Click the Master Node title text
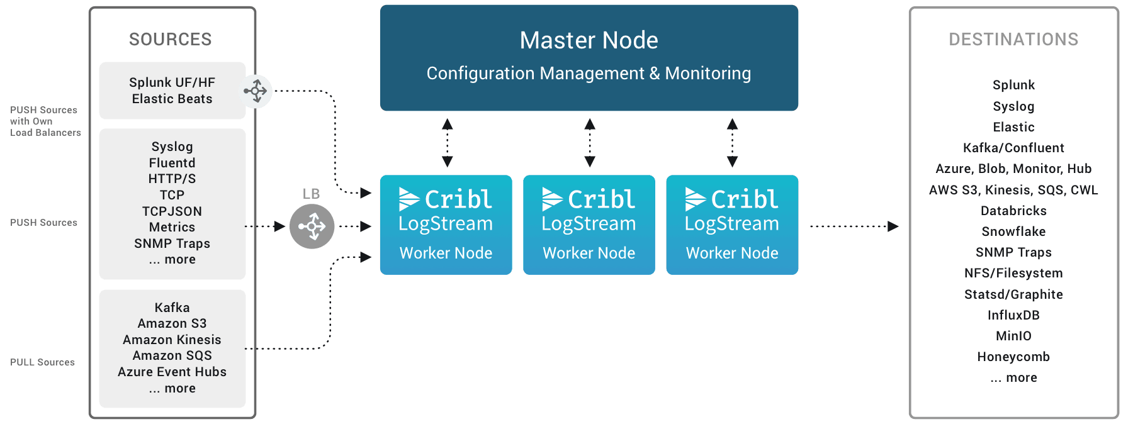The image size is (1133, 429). point(589,41)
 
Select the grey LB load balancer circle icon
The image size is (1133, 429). point(312,226)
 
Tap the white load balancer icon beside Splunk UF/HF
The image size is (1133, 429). point(256,91)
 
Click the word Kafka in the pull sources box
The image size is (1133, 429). point(172,308)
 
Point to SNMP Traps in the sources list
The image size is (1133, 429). point(172,243)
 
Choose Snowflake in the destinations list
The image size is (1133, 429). point(1013,231)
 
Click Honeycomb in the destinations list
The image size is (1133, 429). point(1013,357)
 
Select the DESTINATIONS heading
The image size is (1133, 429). point(1013,40)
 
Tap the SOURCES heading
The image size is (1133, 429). point(171,40)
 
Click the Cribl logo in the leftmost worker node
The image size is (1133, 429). point(446,199)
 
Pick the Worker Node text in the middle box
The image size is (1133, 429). point(589,253)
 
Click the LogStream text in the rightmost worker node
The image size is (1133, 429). point(731,224)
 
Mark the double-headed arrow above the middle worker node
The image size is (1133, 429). point(589,143)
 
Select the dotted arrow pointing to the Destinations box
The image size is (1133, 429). point(854,226)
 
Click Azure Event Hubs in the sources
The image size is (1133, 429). point(172,372)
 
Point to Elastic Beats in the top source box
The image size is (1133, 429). point(172,99)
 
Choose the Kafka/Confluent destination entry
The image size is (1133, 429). point(1013,148)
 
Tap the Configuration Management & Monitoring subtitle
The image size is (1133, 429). point(589,74)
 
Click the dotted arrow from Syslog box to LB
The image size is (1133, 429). point(265,226)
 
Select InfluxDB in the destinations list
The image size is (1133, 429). point(1013,315)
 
